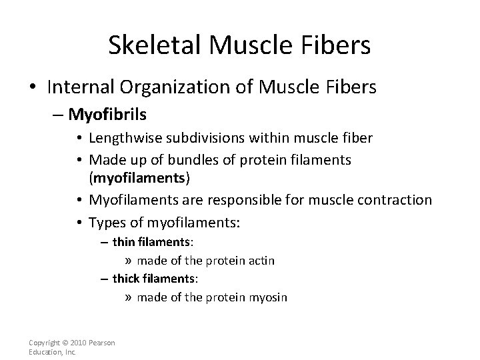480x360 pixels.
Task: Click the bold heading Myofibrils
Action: click(106, 116)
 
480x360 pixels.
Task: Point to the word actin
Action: click(261, 261)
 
